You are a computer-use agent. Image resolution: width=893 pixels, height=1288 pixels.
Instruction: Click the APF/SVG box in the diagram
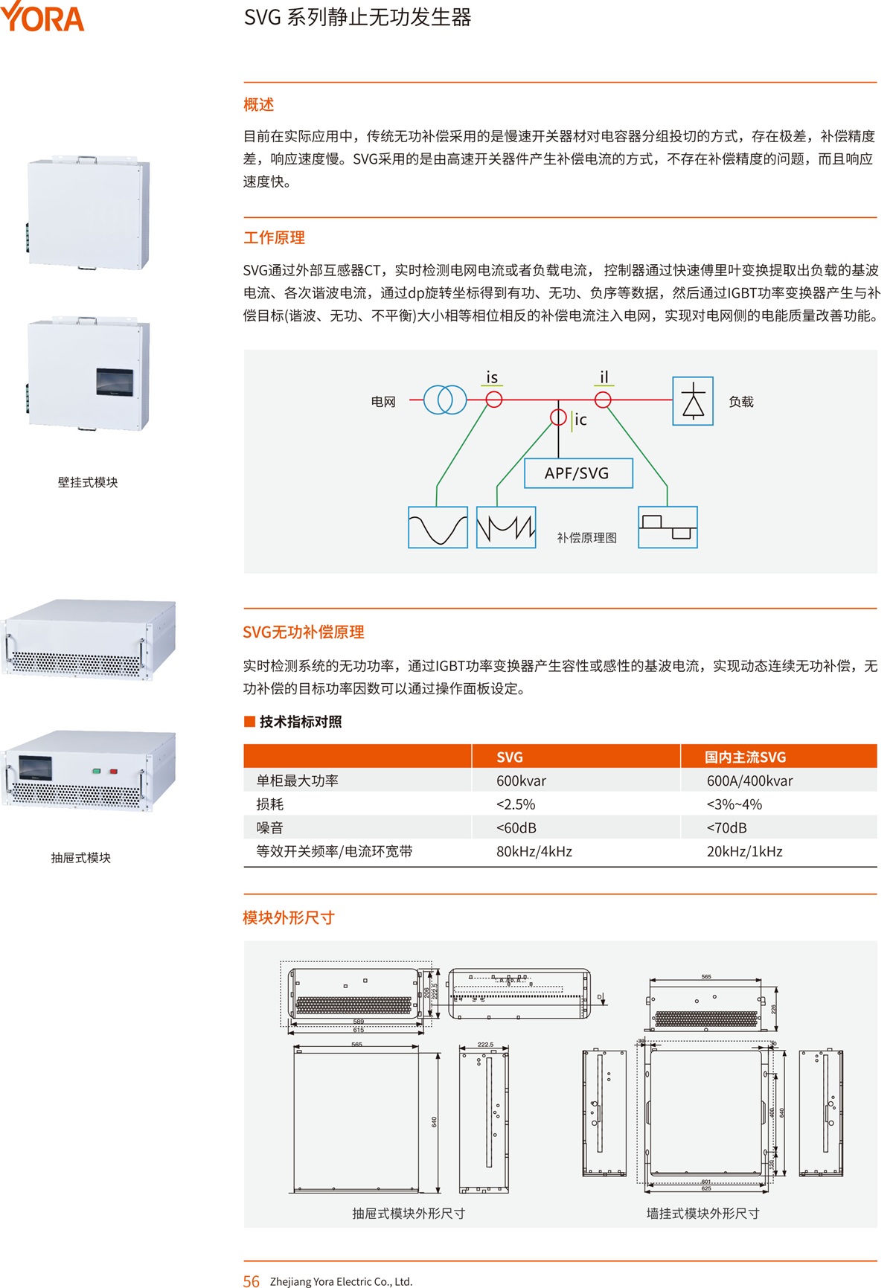[x=577, y=473]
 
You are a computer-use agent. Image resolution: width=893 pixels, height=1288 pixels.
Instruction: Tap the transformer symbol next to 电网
[x=445, y=400]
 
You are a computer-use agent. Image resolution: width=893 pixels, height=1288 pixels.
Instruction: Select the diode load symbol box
[x=692, y=401]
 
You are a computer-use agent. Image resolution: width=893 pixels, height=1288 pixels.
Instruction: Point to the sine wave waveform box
[x=438, y=528]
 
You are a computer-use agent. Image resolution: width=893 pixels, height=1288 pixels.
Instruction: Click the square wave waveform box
[x=668, y=528]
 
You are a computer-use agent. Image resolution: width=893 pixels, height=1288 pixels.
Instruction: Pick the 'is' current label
[x=492, y=378]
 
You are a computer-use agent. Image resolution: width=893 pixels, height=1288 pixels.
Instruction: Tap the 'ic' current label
[x=580, y=420]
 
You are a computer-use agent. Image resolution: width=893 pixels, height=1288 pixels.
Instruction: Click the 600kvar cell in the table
[x=521, y=781]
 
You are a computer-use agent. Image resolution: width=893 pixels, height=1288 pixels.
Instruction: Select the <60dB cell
[x=516, y=828]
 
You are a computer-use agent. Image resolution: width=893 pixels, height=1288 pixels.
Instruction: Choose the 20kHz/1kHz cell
[x=744, y=851]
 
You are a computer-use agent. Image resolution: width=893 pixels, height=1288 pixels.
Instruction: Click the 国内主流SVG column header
[x=745, y=757]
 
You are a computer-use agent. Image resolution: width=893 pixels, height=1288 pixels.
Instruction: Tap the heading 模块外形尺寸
[x=288, y=918]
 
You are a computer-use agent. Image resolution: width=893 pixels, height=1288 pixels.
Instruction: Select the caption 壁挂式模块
[x=88, y=482]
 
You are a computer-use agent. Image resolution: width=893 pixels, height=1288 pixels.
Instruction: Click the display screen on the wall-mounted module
[x=115, y=382]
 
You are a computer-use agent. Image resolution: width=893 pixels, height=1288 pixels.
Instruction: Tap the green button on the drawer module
[x=96, y=772]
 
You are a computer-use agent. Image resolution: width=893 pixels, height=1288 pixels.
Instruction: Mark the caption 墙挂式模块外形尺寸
[x=702, y=1214]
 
